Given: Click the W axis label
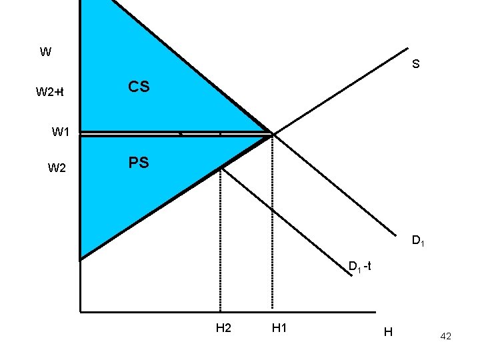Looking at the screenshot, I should [x=45, y=52].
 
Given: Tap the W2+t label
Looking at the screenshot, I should [x=49, y=91].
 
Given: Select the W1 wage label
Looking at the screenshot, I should [x=61, y=132].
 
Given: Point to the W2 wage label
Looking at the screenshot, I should [x=57, y=168].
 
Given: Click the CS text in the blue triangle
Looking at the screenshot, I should [x=139, y=87].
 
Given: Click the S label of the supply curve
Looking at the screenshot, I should [x=415, y=65].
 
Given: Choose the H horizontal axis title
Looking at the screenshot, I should [x=388, y=332].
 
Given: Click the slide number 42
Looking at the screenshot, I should [x=445, y=337].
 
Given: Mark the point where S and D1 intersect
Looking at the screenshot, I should [x=272, y=134].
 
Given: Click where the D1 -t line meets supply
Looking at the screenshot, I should [x=220, y=167].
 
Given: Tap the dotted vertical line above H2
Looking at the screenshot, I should [x=220, y=240].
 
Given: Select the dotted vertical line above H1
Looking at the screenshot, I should [x=272, y=227].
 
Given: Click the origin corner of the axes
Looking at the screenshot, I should [x=80, y=311].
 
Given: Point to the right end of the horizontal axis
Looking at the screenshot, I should [x=375, y=311].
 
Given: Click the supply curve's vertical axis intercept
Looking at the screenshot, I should [x=80, y=258].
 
